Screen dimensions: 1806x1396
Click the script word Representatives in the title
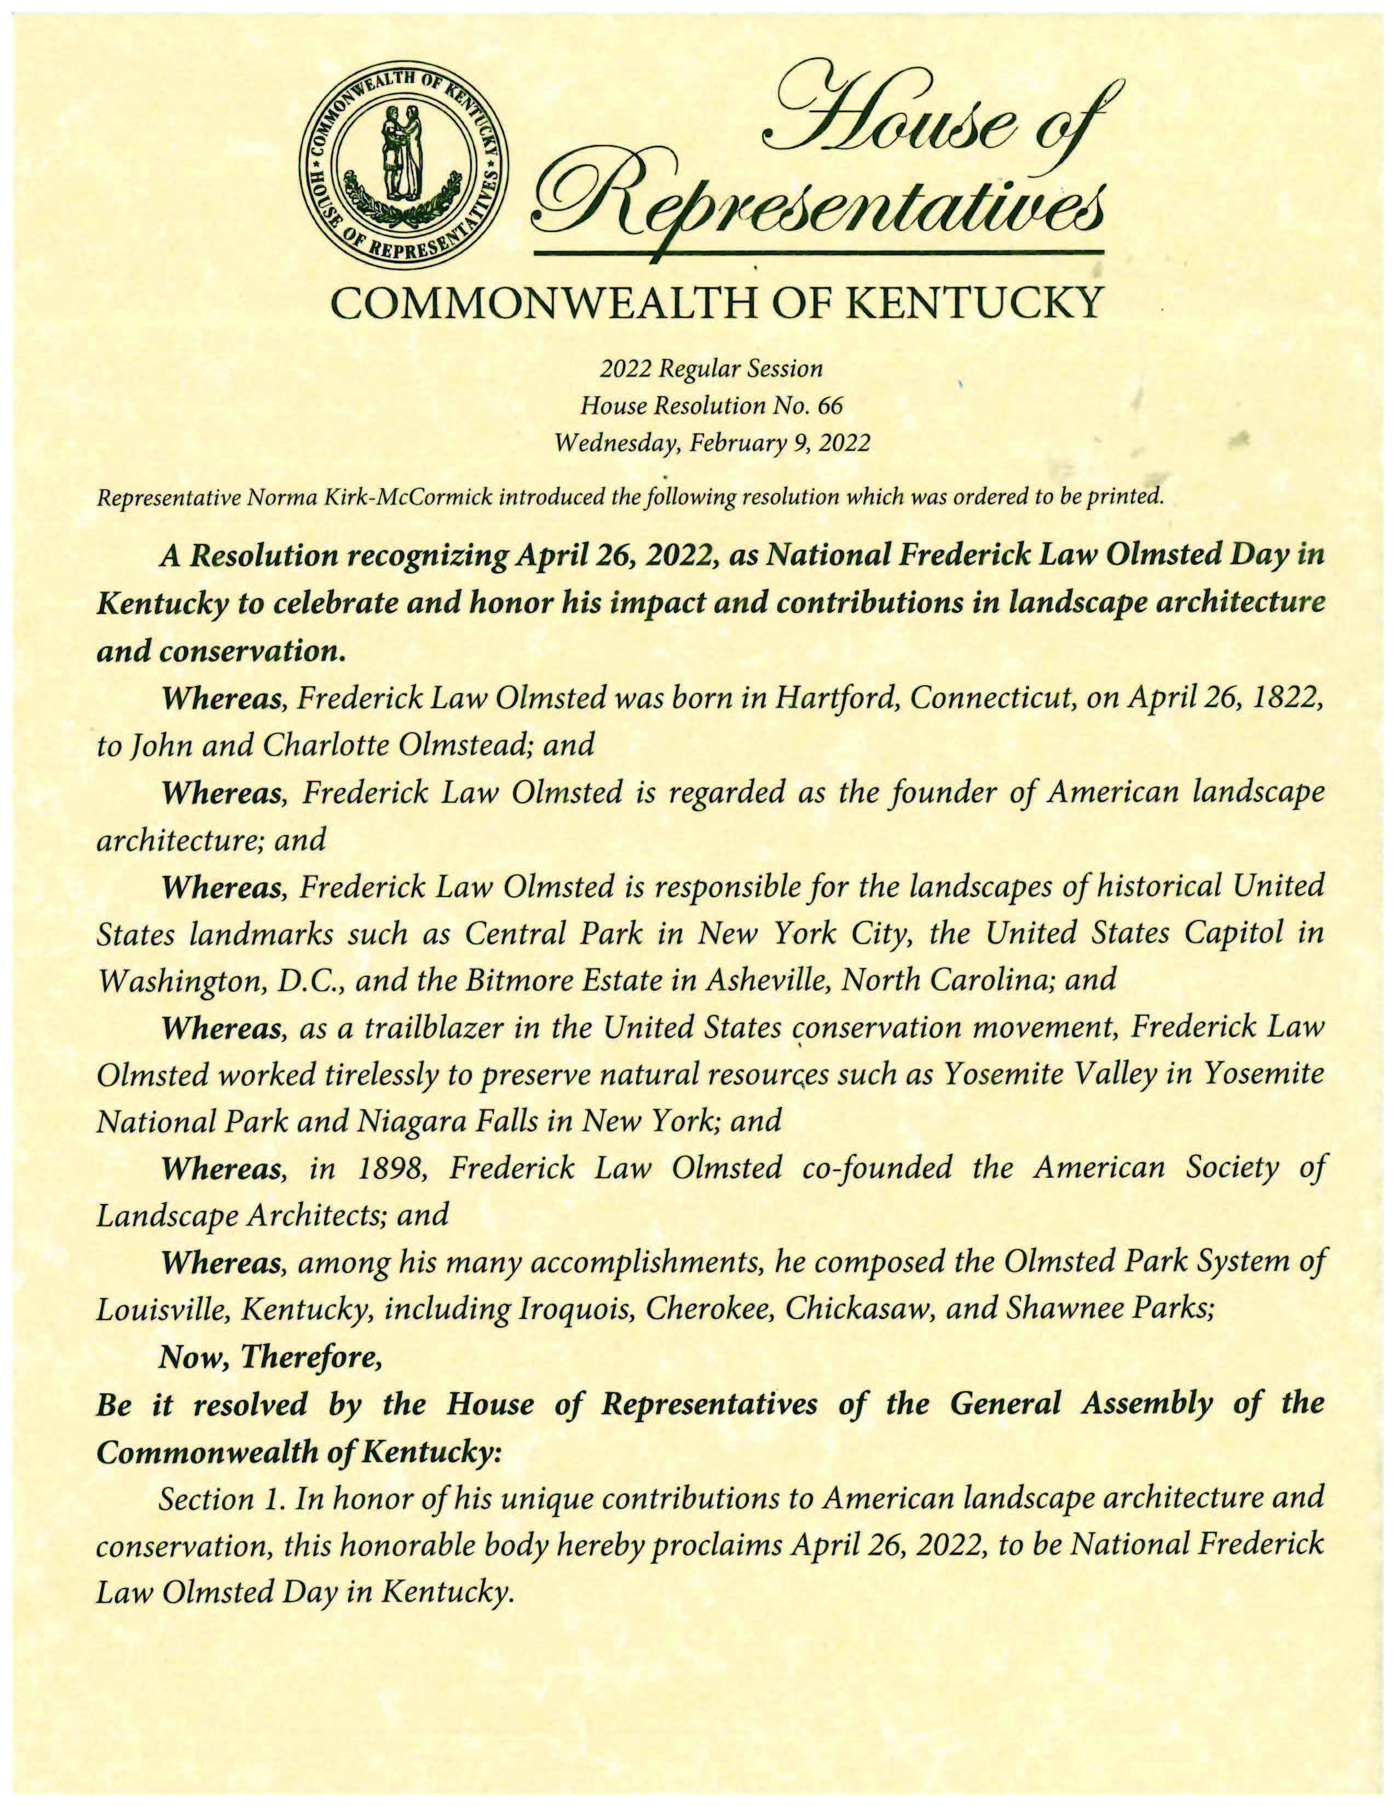coord(819,197)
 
